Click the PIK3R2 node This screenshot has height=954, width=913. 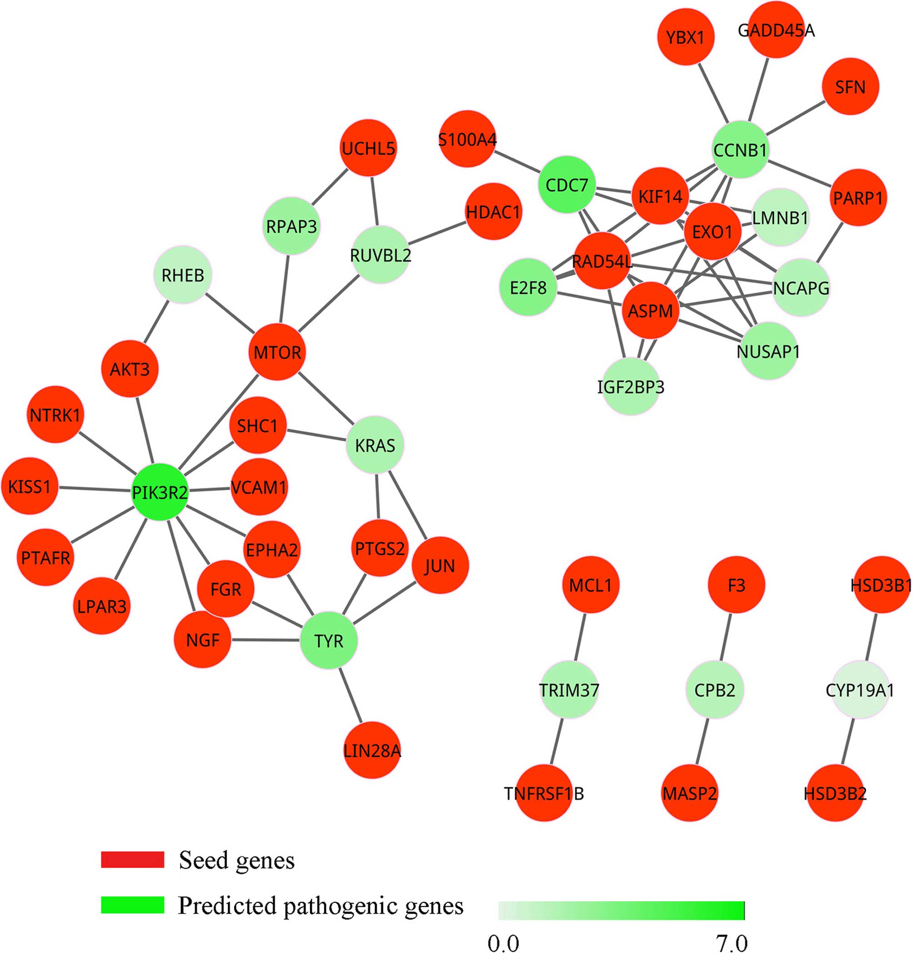(x=160, y=492)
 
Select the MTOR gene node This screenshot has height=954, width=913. (x=277, y=352)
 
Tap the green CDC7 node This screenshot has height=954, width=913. (x=567, y=185)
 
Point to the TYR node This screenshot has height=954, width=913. (x=328, y=641)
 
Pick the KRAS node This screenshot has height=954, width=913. (x=375, y=444)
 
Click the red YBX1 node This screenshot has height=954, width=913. (x=685, y=37)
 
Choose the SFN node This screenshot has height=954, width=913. (x=850, y=87)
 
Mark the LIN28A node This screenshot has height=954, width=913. (x=372, y=750)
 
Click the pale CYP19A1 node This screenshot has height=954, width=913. (x=859, y=690)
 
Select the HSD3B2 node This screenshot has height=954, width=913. (x=835, y=793)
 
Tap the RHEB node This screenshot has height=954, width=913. (x=182, y=275)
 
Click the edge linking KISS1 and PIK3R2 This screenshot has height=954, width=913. (x=95, y=489)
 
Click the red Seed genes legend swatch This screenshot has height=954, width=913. (x=132, y=860)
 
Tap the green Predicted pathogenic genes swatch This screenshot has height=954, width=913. (x=132, y=905)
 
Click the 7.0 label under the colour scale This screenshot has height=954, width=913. (x=732, y=943)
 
